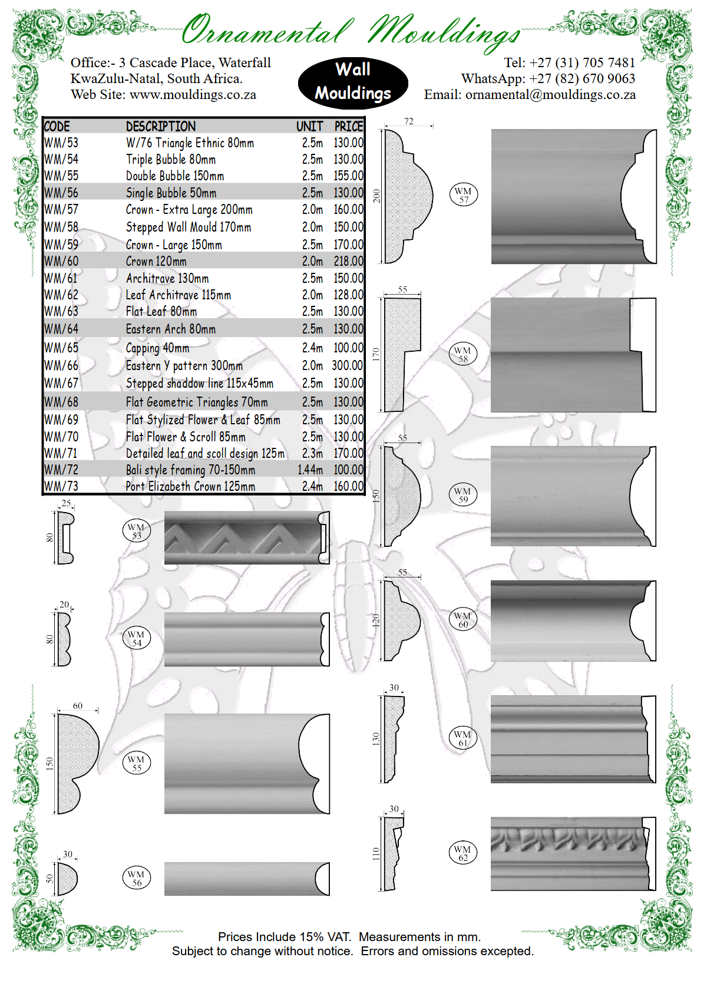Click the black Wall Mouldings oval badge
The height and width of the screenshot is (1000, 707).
pos(353,82)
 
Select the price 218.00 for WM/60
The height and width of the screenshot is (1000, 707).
pos(348,261)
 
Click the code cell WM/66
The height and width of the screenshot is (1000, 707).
pos(61,366)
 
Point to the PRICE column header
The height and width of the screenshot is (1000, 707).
pos(348,126)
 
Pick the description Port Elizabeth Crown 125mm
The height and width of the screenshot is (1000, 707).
pos(190,487)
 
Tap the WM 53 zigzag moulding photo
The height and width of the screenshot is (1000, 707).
pos(246,538)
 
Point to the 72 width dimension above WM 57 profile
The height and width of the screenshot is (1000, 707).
pos(408,121)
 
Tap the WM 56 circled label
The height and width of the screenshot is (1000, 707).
pos(137,878)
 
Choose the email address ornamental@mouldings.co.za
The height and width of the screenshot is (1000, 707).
pos(550,95)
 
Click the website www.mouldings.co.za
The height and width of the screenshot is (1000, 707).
pos(193,95)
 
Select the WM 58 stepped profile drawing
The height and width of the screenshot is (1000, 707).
pos(403,354)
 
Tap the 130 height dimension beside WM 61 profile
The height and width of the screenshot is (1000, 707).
pos(376,739)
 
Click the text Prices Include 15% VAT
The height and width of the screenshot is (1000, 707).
pos(284,937)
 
